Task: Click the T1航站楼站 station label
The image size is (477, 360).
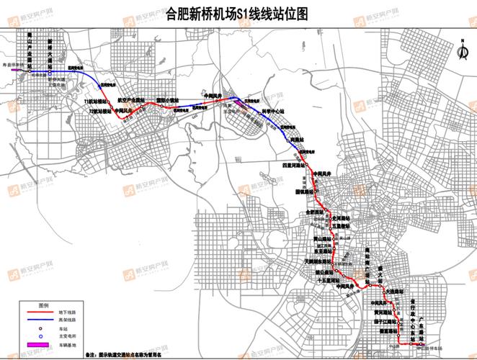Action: (96, 103)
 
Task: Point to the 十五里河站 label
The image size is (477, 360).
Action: (329, 282)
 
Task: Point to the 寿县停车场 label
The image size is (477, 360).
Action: (13, 64)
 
